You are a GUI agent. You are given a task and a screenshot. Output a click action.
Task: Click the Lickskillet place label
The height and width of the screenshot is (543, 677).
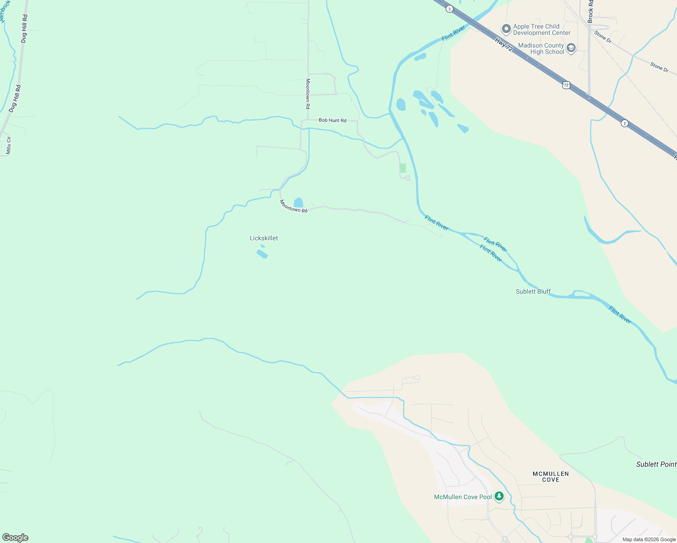[x=264, y=238]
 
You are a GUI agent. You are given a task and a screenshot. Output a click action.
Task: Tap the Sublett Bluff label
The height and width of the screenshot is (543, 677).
[x=533, y=291]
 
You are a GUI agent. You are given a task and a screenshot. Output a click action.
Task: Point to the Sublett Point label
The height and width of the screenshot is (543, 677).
[x=656, y=464]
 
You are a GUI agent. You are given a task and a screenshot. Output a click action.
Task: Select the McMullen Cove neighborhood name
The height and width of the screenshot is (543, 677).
[x=551, y=476]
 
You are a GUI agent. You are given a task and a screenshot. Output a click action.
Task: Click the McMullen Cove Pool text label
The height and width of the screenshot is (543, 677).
[x=462, y=497]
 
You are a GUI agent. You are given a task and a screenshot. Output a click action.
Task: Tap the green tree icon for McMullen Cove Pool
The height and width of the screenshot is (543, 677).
[x=499, y=496]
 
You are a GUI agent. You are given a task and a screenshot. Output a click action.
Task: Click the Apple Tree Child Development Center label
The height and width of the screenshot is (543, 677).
[x=542, y=29]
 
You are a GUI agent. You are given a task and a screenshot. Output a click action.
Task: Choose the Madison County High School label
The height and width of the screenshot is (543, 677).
[x=541, y=48]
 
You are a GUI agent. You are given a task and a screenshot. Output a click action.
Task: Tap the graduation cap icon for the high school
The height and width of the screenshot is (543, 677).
[x=571, y=48]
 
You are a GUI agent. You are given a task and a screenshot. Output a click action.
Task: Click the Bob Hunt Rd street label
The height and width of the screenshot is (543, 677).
[x=332, y=120]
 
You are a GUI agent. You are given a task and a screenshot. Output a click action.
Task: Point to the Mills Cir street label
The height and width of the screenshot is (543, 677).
[x=8, y=145]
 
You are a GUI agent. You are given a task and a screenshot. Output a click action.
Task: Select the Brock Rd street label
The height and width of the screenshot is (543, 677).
[x=590, y=11]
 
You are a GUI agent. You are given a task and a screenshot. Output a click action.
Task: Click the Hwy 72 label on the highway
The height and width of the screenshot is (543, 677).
[x=504, y=44]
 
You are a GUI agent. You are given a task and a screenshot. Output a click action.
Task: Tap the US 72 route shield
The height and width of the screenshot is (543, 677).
[x=566, y=85]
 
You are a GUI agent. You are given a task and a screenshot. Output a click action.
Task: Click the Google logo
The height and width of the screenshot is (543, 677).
[x=15, y=538]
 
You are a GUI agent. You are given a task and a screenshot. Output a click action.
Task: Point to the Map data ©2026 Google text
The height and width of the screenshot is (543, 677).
[x=649, y=539]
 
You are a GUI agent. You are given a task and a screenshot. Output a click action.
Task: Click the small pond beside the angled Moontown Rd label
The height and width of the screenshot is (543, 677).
[x=298, y=203]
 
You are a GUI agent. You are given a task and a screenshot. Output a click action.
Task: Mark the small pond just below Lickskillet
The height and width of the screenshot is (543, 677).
[x=262, y=253]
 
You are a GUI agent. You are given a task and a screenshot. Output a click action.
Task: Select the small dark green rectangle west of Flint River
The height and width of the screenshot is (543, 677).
[x=403, y=168]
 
